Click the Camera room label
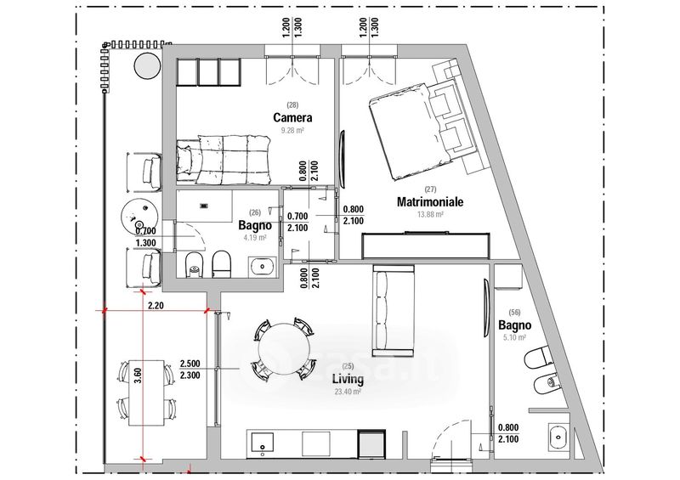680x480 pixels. [292, 117]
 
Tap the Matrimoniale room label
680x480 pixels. [430, 202]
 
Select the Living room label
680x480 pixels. [348, 379]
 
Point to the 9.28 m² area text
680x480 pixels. [292, 131]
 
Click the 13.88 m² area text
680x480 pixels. [430, 215]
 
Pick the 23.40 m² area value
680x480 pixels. [348, 392]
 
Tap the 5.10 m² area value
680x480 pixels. [514, 338]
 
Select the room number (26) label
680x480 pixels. [254, 213]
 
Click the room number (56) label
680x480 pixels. [514, 313]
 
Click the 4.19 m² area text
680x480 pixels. [254, 239]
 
